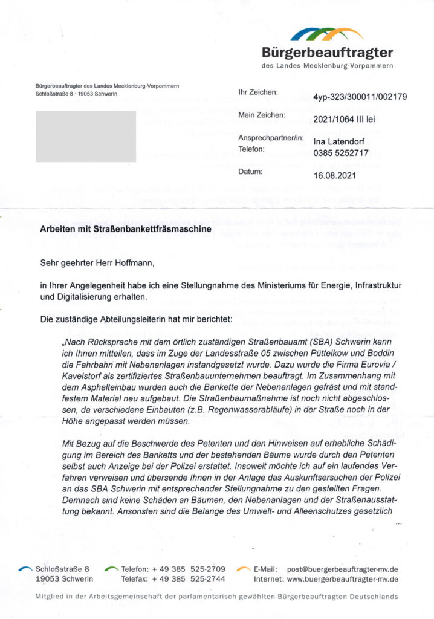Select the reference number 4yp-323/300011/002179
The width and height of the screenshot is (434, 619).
tap(360, 96)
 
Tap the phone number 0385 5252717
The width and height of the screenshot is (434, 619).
tap(340, 152)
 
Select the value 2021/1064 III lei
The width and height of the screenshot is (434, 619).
tap(344, 119)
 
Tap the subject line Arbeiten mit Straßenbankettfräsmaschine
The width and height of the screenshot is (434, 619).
tap(125, 230)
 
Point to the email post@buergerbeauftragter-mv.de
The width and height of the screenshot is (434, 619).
tap(343, 569)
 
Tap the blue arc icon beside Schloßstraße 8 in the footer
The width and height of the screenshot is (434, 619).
tap(25, 569)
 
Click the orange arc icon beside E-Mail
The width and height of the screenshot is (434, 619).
tap(244, 569)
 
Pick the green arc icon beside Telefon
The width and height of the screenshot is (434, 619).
tap(111, 569)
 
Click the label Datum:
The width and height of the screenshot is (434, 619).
tap(251, 172)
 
